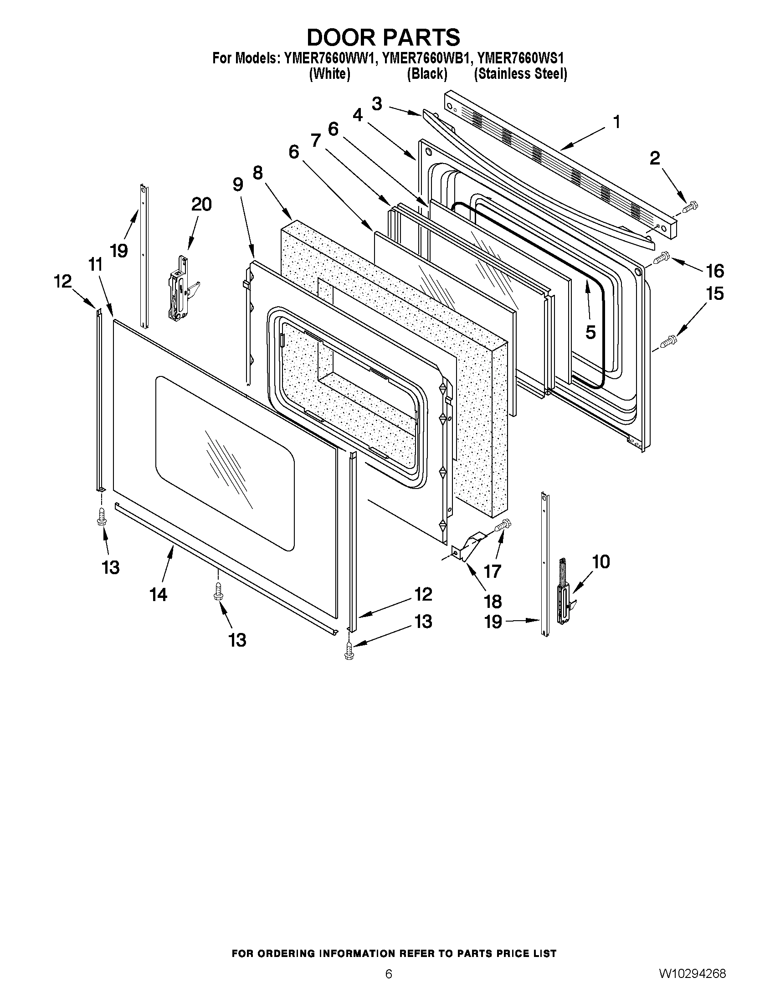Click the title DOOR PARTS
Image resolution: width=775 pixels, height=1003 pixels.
point(383,37)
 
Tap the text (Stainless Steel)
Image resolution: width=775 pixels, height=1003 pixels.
point(520,73)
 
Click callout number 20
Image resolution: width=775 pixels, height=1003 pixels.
point(201,204)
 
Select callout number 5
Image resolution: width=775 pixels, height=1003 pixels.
point(590,332)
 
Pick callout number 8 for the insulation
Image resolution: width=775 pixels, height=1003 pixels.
point(257,173)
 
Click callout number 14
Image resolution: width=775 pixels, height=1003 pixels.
point(158,595)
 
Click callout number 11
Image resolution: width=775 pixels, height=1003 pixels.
point(95,265)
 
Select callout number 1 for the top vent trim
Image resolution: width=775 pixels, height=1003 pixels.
point(616,122)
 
